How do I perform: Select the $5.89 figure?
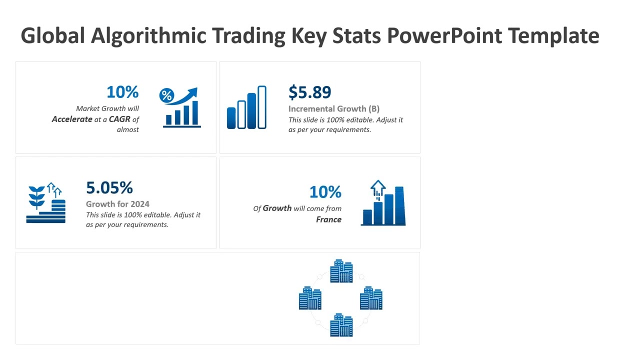(x=309, y=92)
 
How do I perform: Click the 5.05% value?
(x=109, y=187)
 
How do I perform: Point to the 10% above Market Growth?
(x=122, y=92)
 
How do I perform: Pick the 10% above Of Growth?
(x=325, y=191)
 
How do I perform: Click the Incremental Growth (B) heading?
(x=333, y=108)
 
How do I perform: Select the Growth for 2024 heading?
(x=117, y=204)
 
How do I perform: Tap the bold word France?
(x=328, y=219)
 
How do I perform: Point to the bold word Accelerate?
(x=72, y=119)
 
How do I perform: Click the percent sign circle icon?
(x=166, y=95)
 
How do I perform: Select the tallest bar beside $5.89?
(x=261, y=107)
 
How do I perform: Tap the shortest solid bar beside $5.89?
(x=231, y=118)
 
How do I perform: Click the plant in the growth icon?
(x=36, y=197)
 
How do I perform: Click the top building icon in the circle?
(x=341, y=271)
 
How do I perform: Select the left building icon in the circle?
(x=310, y=298)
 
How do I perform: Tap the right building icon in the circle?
(x=371, y=298)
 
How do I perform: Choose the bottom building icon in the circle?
(x=341, y=325)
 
